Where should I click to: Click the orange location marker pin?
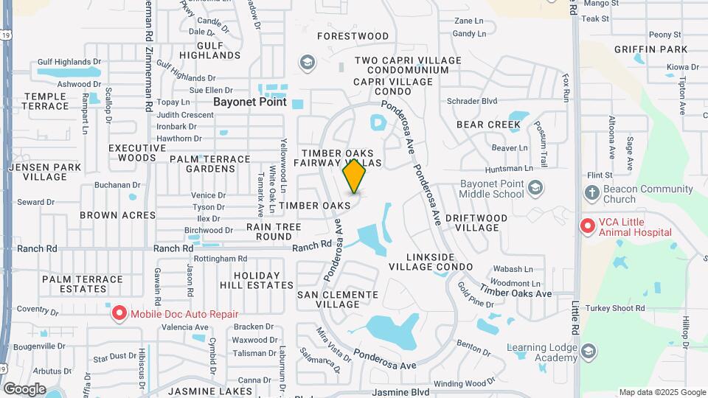tap(355, 176)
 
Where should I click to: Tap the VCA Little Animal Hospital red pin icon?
tap(588, 226)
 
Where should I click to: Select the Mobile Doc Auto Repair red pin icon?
tap(119, 313)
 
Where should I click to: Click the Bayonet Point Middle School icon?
tap(536, 188)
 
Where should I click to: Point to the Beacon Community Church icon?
tap(591, 193)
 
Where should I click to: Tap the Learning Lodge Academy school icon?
tap(589, 352)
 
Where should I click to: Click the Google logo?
tap(24, 388)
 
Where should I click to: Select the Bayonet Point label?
tap(250, 102)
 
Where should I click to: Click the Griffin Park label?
tap(650, 49)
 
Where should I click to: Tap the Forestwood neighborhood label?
tap(353, 35)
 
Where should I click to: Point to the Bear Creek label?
tap(488, 125)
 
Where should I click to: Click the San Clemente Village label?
tap(337, 299)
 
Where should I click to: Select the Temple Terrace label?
tap(46, 102)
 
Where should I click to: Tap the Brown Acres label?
tap(118, 215)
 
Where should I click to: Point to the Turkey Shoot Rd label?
tap(614, 308)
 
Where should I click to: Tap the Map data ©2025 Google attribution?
tap(662, 392)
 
